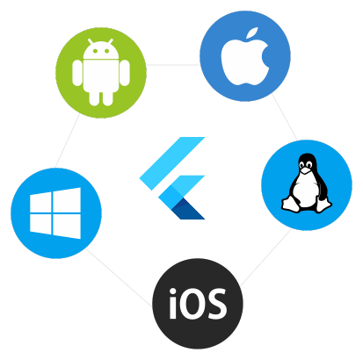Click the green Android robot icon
[x=101, y=72]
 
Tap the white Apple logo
[x=245, y=59]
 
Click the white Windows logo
[x=55, y=213]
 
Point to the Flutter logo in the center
[x=172, y=178]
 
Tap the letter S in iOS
[x=217, y=304]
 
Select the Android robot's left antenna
[x=91, y=41]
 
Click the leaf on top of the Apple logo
[x=252, y=32]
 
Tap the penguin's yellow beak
[x=306, y=169]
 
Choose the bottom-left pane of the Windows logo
[x=40, y=224]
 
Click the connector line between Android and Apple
[x=173, y=64]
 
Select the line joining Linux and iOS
[x=265, y=257]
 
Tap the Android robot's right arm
[x=125, y=73]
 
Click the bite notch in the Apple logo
[x=265, y=56]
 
